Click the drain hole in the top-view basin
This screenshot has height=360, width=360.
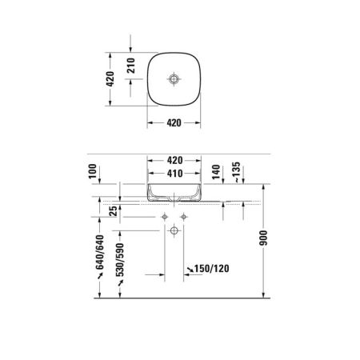click(x=174, y=80)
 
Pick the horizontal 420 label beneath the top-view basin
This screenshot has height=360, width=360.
click(x=174, y=123)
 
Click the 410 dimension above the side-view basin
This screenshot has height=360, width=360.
click(x=174, y=174)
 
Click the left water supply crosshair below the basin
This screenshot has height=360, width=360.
click(x=165, y=217)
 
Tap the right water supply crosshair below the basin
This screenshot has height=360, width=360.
click(x=183, y=217)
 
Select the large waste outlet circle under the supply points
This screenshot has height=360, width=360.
click(x=174, y=232)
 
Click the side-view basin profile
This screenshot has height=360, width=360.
click(x=174, y=192)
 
